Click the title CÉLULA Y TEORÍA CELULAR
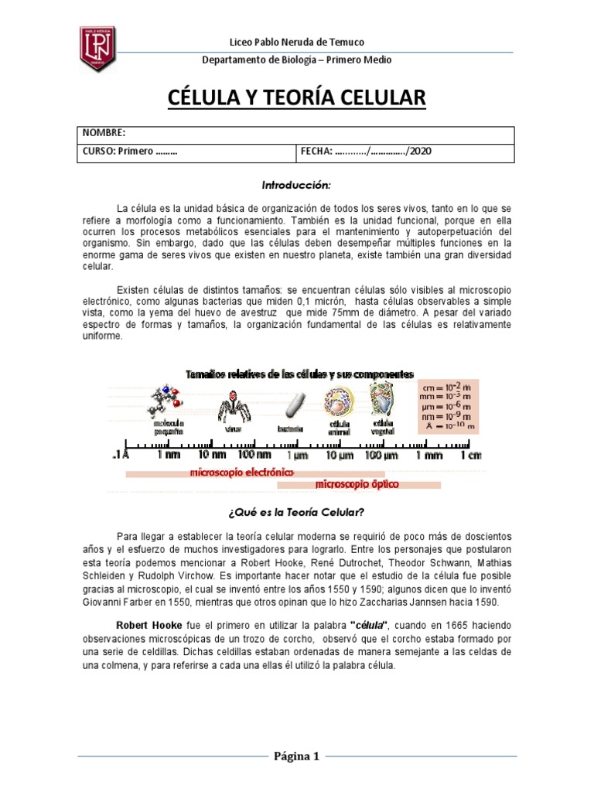pyautogui.click(x=297, y=98)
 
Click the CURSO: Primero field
pyautogui.click(x=130, y=152)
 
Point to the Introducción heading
pyautogui.click(x=296, y=186)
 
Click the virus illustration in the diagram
pyautogui.click(x=230, y=405)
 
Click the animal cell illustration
pyautogui.click(x=339, y=403)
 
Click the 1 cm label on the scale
pyautogui.click(x=471, y=456)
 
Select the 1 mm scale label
pyautogui.click(x=428, y=456)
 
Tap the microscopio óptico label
pyautogui.click(x=356, y=485)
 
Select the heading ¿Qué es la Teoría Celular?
pyautogui.click(x=296, y=512)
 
